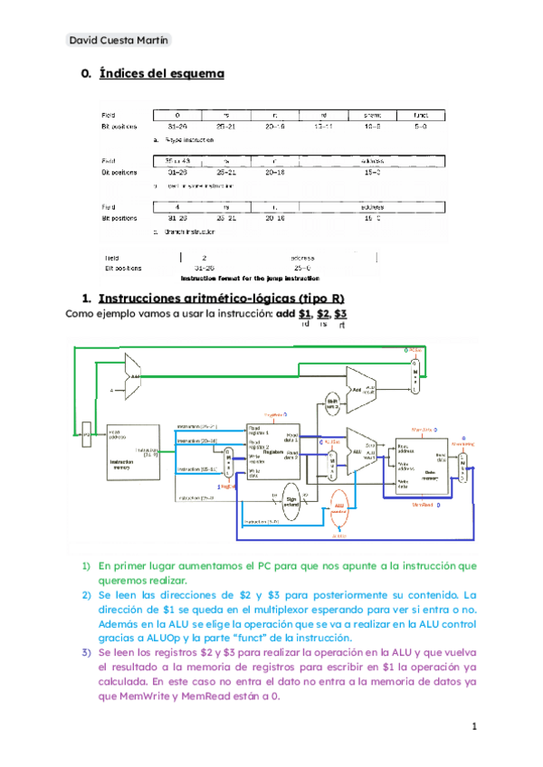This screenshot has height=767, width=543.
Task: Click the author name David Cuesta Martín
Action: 119,41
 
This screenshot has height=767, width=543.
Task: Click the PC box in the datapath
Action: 87,435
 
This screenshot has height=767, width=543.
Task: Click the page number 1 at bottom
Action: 473,726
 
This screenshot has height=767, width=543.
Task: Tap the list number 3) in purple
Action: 87,651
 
